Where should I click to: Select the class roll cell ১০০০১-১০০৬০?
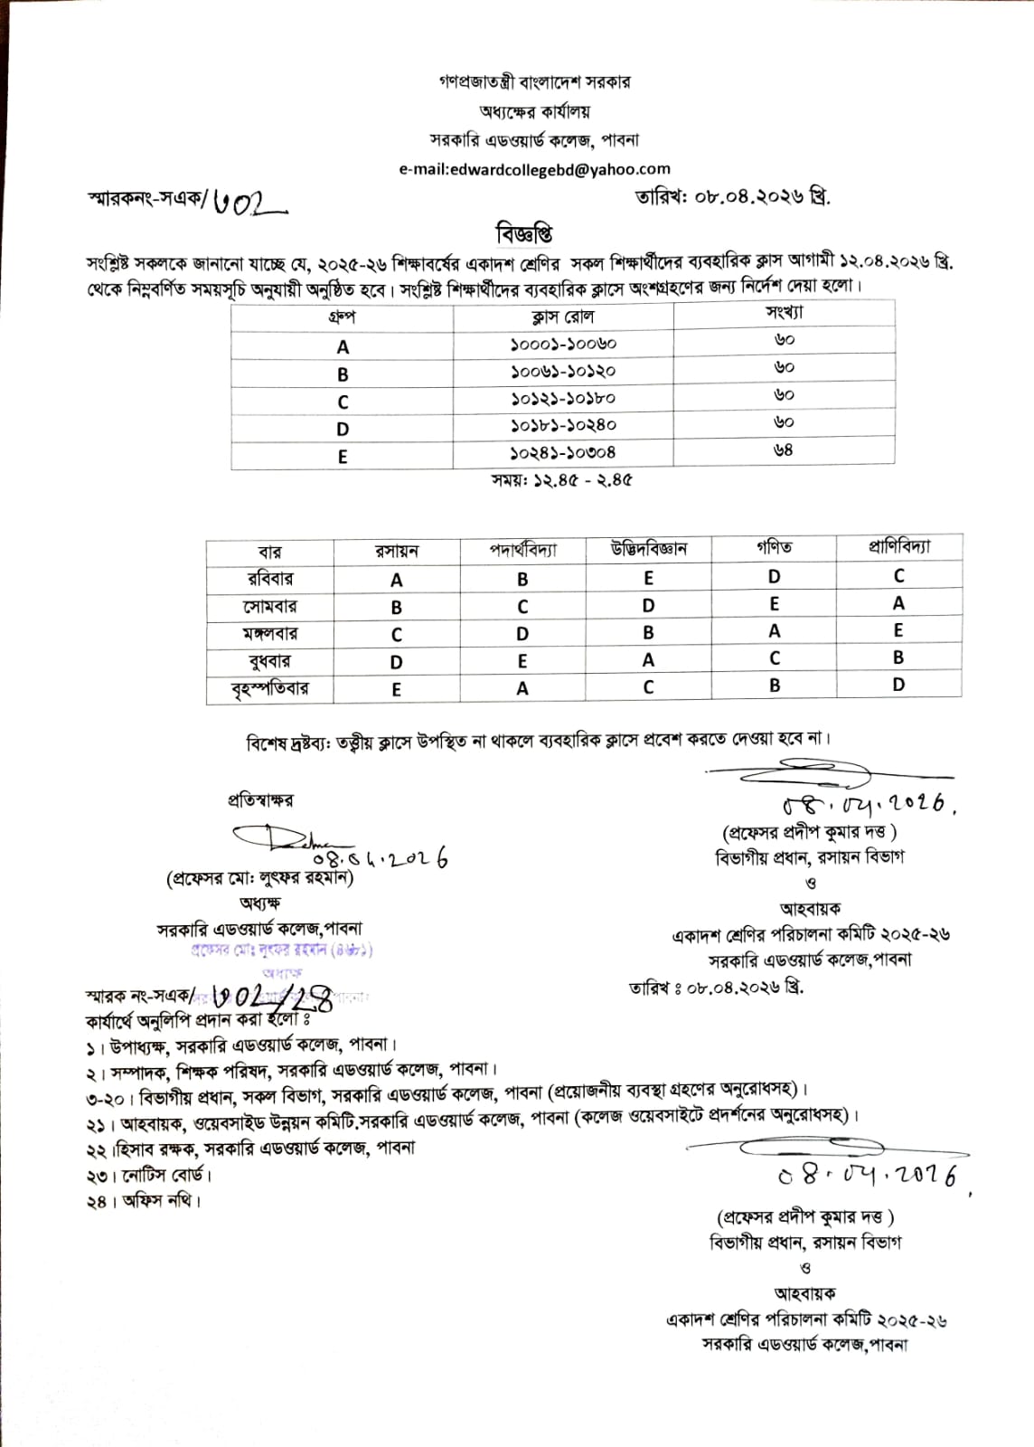(562, 345)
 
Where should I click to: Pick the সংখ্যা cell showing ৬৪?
(784, 449)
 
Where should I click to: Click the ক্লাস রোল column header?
(562, 317)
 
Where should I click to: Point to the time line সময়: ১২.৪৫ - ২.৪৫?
(562, 480)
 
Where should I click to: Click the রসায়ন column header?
(397, 551)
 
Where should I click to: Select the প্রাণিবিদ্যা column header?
(898, 547)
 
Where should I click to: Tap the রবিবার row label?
(269, 578)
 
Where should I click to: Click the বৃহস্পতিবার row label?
(269, 688)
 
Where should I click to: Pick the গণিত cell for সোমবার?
(775, 603)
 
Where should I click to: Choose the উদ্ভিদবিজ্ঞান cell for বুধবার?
(648, 660)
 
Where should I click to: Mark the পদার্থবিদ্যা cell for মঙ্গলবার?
(522, 633)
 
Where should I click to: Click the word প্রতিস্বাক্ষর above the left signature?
(260, 800)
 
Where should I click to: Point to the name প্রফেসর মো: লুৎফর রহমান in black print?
(260, 877)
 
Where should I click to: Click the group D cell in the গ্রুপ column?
(343, 429)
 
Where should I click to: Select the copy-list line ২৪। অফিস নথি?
(145, 1202)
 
